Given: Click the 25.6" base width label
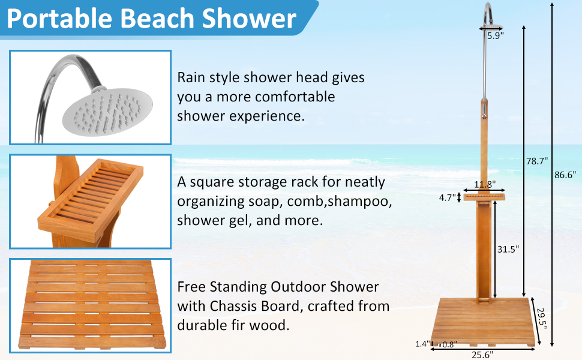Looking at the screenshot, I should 482,354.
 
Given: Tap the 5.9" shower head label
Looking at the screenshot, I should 495,35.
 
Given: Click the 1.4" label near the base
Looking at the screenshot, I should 422,344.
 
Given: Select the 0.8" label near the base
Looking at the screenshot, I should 449,344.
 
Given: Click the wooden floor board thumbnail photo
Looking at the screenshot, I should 90,306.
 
